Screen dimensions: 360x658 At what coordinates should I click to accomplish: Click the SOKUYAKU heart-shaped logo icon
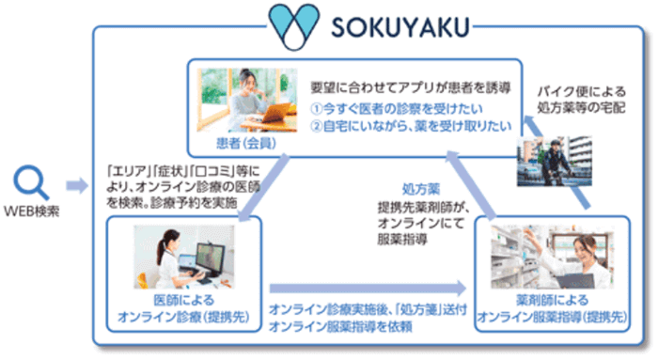297,27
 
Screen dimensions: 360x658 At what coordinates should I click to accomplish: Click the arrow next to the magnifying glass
76,186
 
